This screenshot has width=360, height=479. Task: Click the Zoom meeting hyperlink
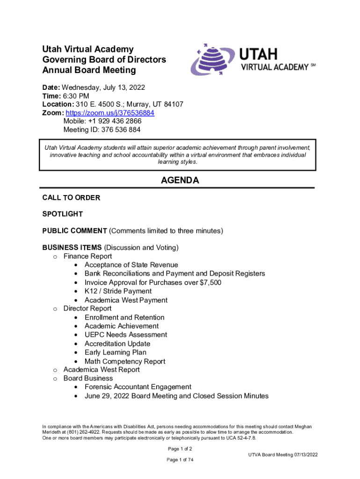(110, 113)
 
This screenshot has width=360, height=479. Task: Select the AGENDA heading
(180, 181)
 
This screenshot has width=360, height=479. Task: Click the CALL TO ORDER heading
(71, 198)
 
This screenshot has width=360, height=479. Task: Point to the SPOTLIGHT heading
(63, 214)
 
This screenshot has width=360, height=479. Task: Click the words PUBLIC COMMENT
(74, 231)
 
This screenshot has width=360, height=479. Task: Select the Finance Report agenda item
(87, 256)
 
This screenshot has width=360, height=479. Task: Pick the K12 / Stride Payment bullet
(118, 291)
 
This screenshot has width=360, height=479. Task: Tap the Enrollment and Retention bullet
(124, 318)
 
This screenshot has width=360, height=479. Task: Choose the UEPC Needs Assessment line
(125, 335)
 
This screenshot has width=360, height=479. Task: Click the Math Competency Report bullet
(125, 362)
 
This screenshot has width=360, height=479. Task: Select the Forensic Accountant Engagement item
(137, 387)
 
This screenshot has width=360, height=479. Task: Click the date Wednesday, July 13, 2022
(103, 87)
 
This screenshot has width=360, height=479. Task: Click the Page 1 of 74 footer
(180, 460)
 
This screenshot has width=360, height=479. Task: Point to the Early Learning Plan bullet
(115, 353)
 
